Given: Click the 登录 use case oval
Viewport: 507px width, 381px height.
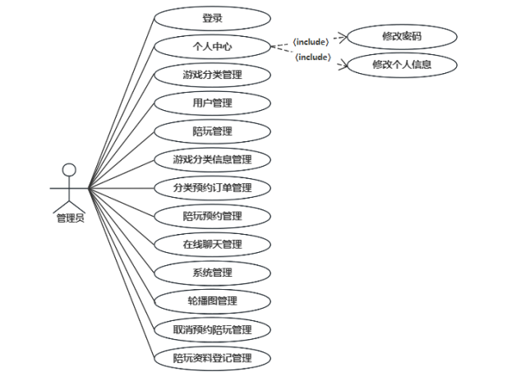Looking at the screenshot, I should coord(212,17).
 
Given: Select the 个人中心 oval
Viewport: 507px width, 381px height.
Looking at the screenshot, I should coord(212,46).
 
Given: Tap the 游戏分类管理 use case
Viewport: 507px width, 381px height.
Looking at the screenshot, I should coord(212,75).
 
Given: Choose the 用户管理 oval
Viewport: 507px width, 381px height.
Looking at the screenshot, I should coord(212,103).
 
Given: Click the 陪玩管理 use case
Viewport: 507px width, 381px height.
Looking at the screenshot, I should coord(212,131).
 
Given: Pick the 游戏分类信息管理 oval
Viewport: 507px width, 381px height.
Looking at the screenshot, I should coord(212,159).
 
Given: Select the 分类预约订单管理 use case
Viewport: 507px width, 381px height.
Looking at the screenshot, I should coord(212,188).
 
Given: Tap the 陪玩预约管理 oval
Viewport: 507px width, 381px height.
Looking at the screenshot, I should coord(212,216).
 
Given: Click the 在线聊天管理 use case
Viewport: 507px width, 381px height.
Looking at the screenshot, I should coord(212,244).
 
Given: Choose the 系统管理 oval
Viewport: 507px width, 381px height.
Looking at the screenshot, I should coord(212,273).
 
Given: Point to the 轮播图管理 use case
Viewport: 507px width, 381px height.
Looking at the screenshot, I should coord(212,301).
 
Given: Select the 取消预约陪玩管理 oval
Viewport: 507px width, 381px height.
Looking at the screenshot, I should coord(212,329).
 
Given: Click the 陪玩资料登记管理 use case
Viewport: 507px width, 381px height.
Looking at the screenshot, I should coord(212,358).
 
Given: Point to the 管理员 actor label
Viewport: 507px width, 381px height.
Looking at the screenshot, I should coord(70,218).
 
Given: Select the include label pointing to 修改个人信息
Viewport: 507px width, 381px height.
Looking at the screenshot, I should coord(313,57).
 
